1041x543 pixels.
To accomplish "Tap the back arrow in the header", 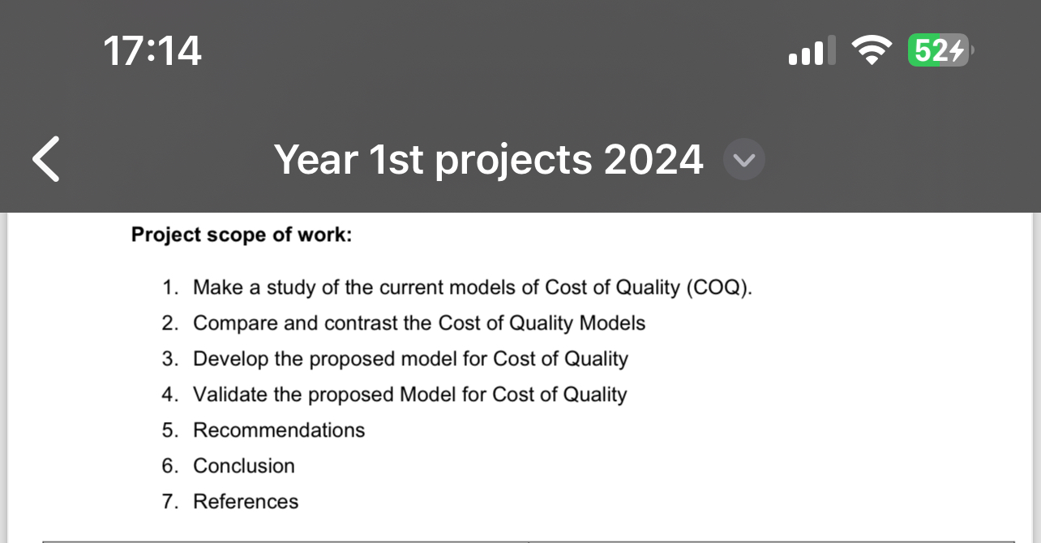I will tap(46, 159).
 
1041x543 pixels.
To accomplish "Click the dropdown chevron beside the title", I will tap(743, 160).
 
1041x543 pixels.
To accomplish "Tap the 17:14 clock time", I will tap(152, 52).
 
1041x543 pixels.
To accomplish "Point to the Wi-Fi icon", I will tap(871, 52).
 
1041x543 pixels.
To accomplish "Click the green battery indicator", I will tap(938, 51).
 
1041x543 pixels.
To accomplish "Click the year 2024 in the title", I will tap(653, 159).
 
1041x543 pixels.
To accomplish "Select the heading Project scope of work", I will tap(242, 235).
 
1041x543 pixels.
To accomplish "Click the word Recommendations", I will tap(279, 430).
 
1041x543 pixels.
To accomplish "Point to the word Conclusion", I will tap(243, 466).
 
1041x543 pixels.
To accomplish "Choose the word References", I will tap(245, 502).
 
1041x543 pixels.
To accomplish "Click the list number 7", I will tap(169, 502).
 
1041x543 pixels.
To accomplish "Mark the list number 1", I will tap(169, 287).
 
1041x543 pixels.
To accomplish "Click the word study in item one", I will tap(290, 287).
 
